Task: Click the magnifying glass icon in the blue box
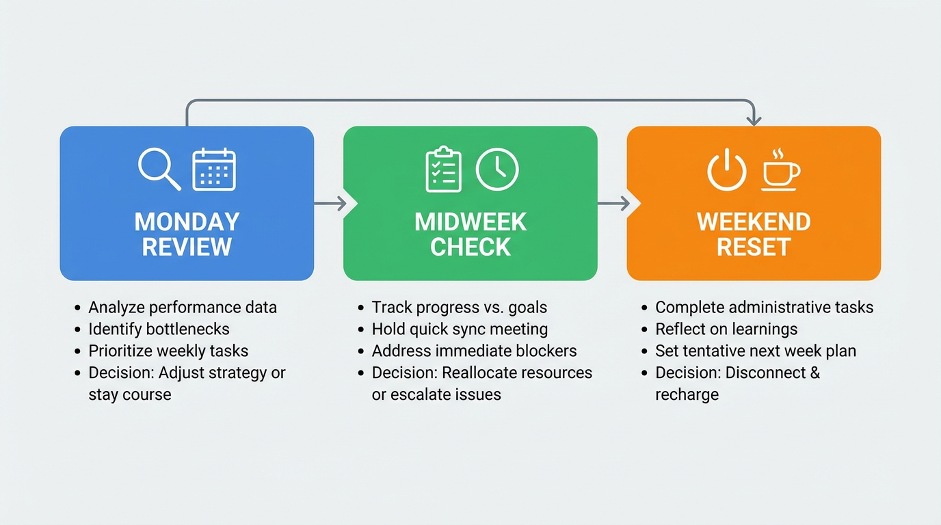[159, 168]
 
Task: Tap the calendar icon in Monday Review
[214, 169]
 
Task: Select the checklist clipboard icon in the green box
[443, 169]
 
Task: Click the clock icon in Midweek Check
[497, 169]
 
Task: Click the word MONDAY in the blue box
[187, 222]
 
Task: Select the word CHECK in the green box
[471, 247]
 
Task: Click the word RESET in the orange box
[754, 247]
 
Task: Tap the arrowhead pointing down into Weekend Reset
[754, 120]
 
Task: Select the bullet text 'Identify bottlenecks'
[159, 329]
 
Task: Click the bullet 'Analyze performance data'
[183, 307]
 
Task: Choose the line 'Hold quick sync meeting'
[460, 329]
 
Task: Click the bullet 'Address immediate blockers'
[474, 351]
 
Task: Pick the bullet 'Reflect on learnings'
[726, 329]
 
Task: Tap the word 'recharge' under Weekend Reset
[687, 394]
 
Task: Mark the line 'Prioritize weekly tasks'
[168, 351]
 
